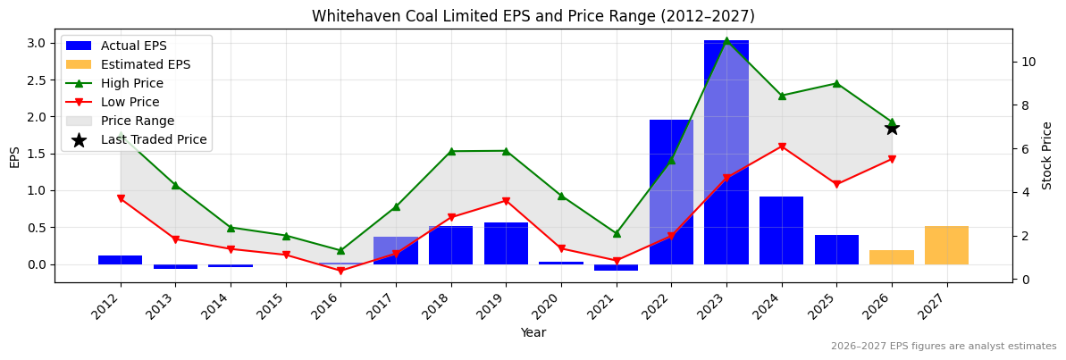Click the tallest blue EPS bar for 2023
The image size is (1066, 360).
726,152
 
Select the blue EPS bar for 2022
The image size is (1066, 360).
671,192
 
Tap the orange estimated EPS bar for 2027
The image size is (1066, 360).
946,246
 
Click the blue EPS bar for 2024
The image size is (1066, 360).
781,230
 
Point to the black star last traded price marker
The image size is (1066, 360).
892,128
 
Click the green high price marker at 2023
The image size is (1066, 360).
726,40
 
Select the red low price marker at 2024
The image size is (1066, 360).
781,147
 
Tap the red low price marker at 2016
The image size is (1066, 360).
340,271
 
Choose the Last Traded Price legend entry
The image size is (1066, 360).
153,139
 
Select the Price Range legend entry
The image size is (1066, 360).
137,121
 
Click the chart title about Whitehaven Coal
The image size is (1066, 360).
533,16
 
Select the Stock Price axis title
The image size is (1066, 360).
1047,155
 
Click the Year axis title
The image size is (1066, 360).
533,332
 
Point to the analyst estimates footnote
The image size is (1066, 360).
943,347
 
